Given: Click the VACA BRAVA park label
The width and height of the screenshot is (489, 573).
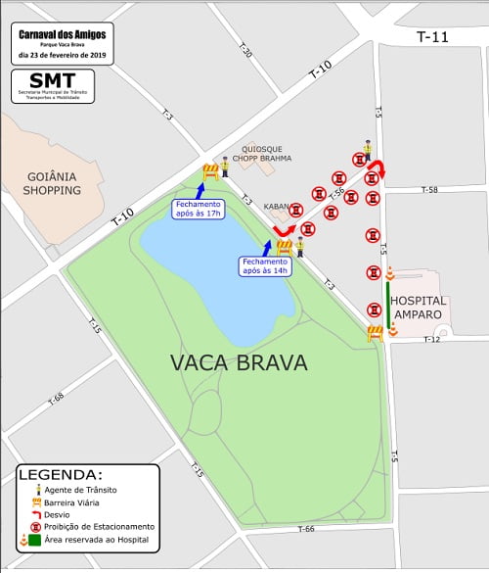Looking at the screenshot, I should coord(239,363).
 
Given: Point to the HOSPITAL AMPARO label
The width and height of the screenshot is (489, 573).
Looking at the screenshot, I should coord(418,307).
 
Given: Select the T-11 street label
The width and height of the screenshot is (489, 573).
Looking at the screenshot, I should coord(432,37).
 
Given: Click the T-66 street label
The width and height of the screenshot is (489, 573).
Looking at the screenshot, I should coord(306,529).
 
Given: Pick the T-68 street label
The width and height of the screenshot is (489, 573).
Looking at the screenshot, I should coord(55,399).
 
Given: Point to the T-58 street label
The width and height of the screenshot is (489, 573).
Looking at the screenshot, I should coord(429,190).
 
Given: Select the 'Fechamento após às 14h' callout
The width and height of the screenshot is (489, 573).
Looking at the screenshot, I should coord(264,266).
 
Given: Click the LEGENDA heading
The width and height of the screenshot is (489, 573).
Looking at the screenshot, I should coord(59,474).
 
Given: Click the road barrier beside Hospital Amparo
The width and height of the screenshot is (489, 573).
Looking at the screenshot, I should coord(375,333).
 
